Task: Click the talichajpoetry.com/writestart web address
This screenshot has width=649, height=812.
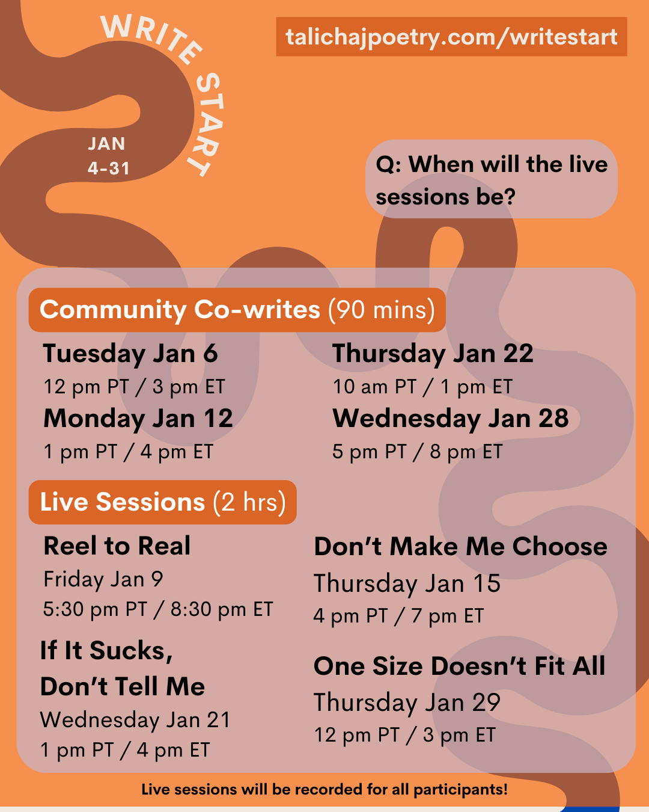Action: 451,37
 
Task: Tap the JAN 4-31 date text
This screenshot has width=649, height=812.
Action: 108,156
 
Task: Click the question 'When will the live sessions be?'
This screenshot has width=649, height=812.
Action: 492,180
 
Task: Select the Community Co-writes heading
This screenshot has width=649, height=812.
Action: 237,310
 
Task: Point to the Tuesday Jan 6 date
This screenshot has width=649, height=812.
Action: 130,354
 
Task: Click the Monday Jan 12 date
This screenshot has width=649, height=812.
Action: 138,419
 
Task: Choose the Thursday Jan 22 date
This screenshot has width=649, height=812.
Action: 433,354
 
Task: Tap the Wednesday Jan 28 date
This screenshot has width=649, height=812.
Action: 451,419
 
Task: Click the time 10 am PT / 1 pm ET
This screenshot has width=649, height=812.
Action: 422,387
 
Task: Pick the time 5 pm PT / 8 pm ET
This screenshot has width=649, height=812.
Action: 417,452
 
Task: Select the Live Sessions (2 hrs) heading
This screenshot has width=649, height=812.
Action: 162,502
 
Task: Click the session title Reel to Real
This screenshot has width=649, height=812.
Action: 117,546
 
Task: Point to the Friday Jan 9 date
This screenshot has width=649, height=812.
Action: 103,579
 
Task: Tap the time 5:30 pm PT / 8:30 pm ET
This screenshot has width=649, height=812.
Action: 158,609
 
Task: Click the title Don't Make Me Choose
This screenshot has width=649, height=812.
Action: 460,547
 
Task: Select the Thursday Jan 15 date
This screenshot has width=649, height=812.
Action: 407,583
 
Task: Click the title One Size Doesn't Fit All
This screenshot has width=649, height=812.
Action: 460,666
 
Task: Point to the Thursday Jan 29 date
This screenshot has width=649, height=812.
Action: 407,703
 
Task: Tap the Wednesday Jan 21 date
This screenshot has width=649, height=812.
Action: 135,720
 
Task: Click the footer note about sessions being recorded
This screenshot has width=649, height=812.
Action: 324,789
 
